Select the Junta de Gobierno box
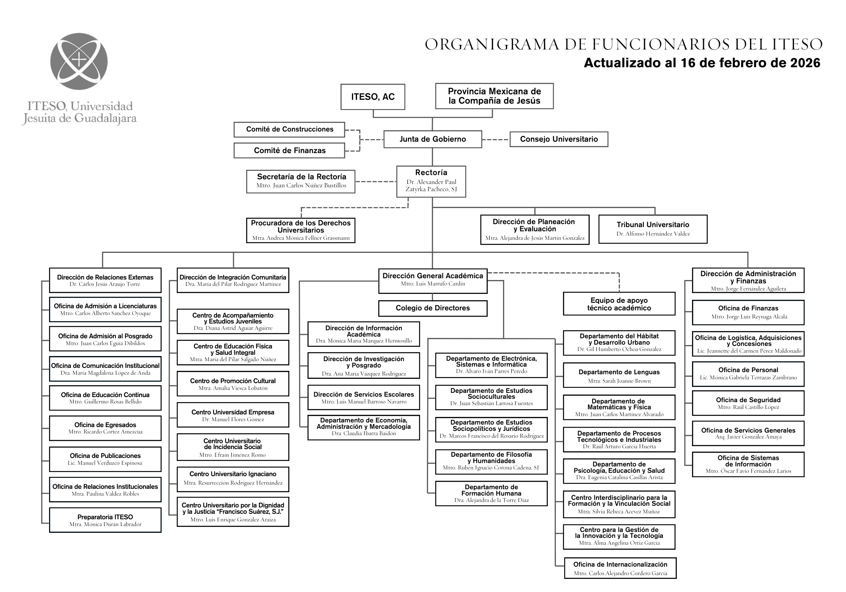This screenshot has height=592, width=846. point(432,139)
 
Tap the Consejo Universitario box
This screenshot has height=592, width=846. point(558,139)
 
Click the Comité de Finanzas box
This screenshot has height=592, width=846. point(289,151)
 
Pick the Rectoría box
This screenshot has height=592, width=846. point(431,181)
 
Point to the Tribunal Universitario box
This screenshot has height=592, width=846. point(653,229)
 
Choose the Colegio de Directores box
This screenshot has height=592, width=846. point(432,308)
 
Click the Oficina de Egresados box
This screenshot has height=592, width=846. point(105,428)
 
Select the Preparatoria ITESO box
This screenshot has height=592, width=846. point(105,520)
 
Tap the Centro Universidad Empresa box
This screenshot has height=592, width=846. point(233,415)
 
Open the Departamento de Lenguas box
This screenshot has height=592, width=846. point(619,375)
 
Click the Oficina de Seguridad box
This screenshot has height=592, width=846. point(748,403)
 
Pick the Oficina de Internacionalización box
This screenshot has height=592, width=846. point(620,568)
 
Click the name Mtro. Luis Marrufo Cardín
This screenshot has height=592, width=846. point(433,284)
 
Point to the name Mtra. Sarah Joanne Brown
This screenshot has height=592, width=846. point(619,381)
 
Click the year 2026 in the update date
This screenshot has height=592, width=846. point(805,63)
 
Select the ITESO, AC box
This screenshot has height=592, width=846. point(373,97)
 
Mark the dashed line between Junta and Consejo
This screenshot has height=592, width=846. point(495,140)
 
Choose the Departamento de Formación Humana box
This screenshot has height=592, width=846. point(491,493)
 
